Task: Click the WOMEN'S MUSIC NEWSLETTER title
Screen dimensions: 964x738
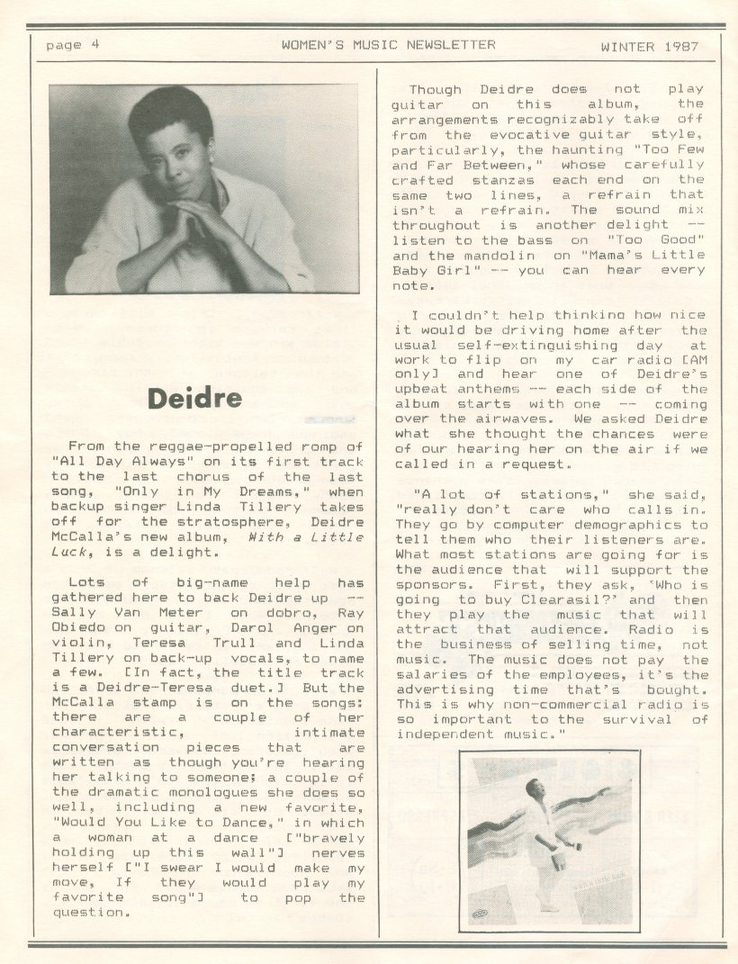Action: [x=388, y=44]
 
